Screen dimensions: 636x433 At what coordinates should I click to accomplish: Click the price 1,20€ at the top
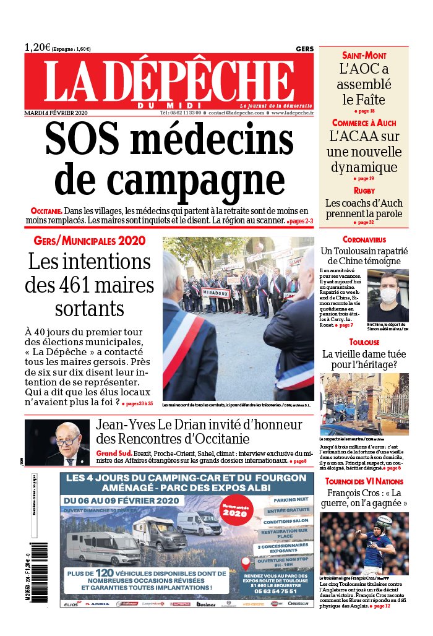tap(38, 47)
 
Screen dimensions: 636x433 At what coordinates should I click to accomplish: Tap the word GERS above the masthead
tap(304, 49)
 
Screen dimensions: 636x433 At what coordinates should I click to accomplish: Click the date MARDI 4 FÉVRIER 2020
tap(56, 113)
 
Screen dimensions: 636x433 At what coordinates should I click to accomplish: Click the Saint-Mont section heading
tap(364, 56)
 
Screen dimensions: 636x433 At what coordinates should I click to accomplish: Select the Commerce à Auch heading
tap(364, 122)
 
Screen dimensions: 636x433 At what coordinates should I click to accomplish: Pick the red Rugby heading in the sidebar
tap(364, 191)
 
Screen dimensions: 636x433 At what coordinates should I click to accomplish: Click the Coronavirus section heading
tap(364, 239)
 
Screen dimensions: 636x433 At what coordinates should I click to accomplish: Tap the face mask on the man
tap(388, 294)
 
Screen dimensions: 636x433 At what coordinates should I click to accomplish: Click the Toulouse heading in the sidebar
tap(364, 342)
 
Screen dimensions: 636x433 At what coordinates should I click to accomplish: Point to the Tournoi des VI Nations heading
tap(364, 481)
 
